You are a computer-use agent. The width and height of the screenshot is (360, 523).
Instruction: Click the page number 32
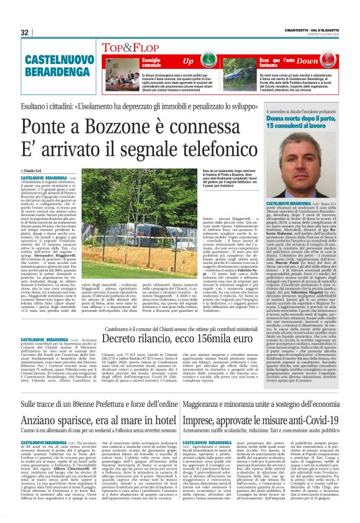click(x=25, y=32)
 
